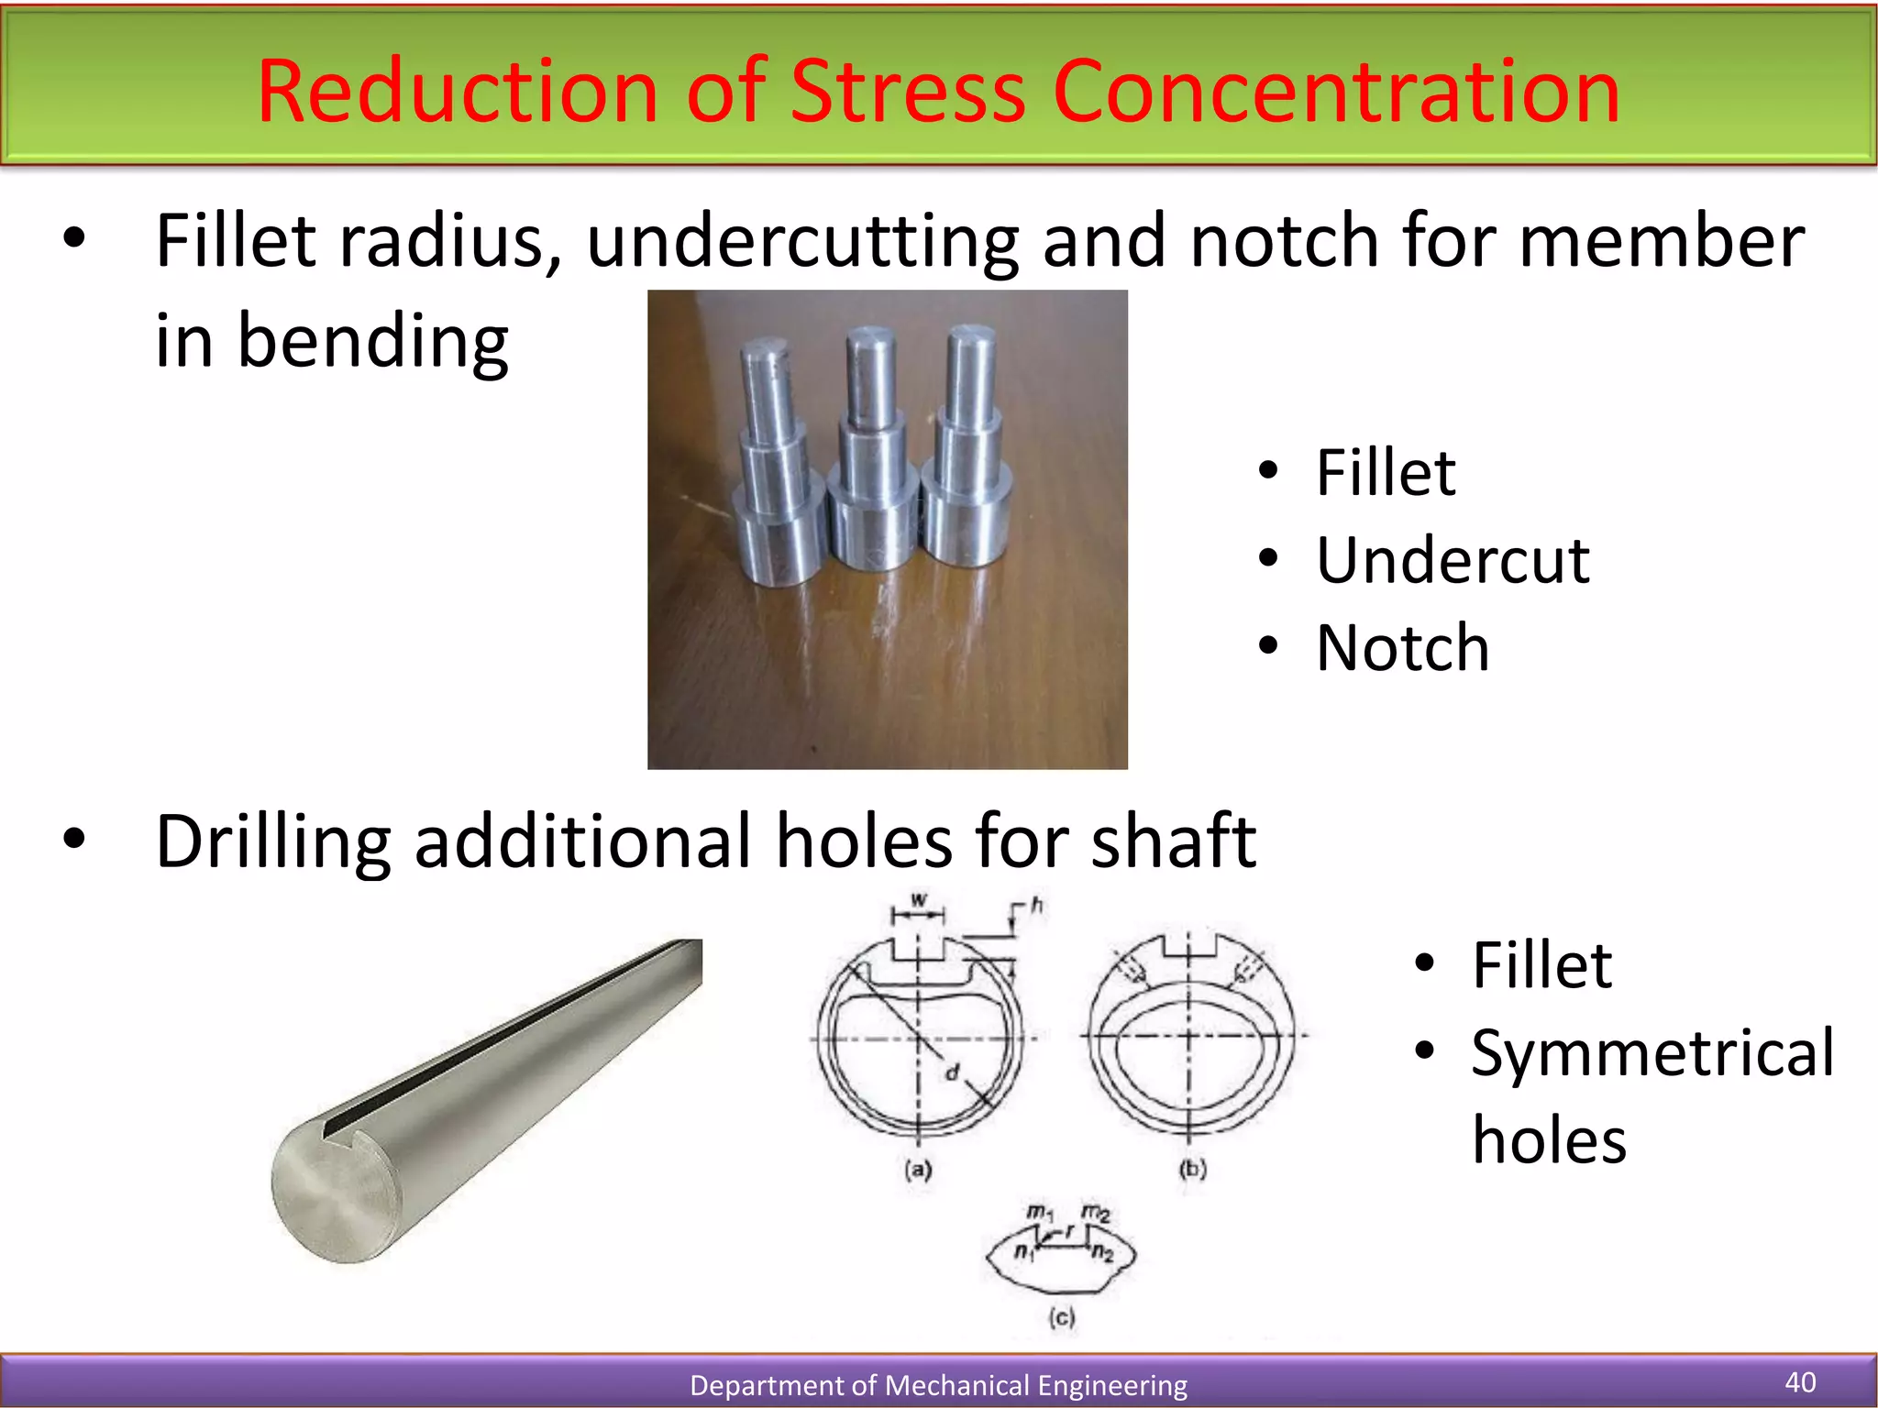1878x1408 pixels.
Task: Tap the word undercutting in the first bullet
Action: pos(802,241)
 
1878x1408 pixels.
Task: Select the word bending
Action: pos(372,341)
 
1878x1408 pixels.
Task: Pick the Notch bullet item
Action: pos(1402,647)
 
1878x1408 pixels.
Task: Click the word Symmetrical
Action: pos(1652,1052)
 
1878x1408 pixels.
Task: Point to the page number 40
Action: pos(1800,1381)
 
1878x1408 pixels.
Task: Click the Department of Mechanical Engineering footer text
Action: pos(938,1384)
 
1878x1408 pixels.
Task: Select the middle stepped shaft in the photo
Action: pos(871,458)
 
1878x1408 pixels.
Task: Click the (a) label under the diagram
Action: pos(918,1169)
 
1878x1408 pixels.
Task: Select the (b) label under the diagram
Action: pos(1192,1169)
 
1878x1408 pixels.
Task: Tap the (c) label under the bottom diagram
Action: pos(1061,1317)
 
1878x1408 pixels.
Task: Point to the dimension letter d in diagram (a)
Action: pos(952,1071)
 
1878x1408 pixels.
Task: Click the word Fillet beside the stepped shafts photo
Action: pos(1385,473)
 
